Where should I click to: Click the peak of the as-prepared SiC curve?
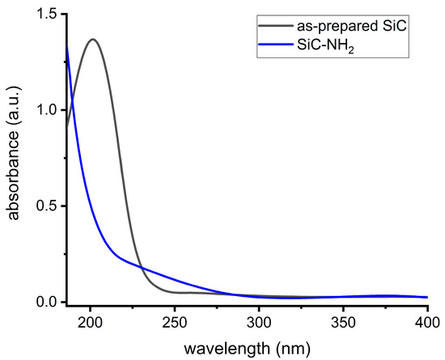[94, 39]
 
